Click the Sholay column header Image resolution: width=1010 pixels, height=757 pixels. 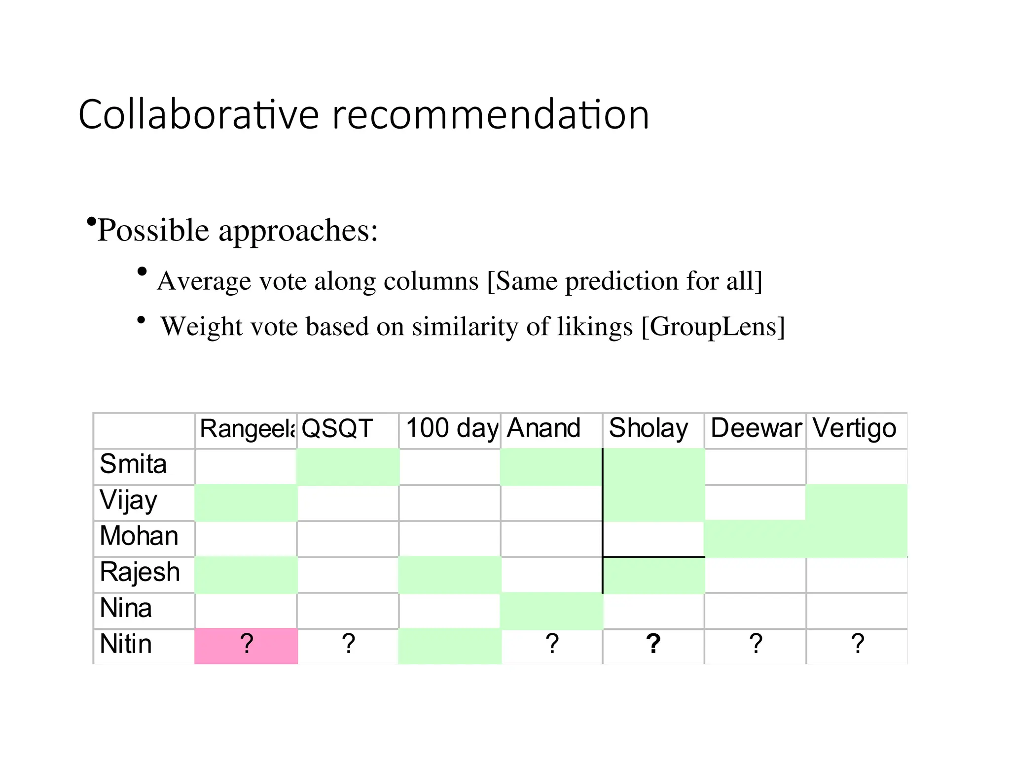648,428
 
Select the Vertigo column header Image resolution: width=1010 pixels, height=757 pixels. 854,428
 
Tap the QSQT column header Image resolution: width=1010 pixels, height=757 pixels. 337,428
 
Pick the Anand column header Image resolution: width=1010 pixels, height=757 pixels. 543,428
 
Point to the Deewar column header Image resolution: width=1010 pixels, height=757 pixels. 756,428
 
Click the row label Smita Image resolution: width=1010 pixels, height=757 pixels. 133,464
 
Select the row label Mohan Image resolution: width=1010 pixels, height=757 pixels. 139,536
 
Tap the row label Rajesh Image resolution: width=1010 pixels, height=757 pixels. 140,573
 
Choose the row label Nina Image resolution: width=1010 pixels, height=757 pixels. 126,608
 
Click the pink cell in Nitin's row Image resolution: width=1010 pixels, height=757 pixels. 246,645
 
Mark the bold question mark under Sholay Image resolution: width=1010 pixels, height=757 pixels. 653,644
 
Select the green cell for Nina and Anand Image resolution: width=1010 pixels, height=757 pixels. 551,610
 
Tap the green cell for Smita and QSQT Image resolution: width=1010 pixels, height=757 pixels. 348,466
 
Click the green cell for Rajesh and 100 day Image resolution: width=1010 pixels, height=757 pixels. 450,575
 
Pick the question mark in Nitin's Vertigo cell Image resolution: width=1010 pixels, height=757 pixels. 858,644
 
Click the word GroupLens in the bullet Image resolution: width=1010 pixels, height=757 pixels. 712,327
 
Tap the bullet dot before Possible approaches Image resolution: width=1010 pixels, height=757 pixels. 91,222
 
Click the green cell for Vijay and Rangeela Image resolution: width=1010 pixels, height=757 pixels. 246,503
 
